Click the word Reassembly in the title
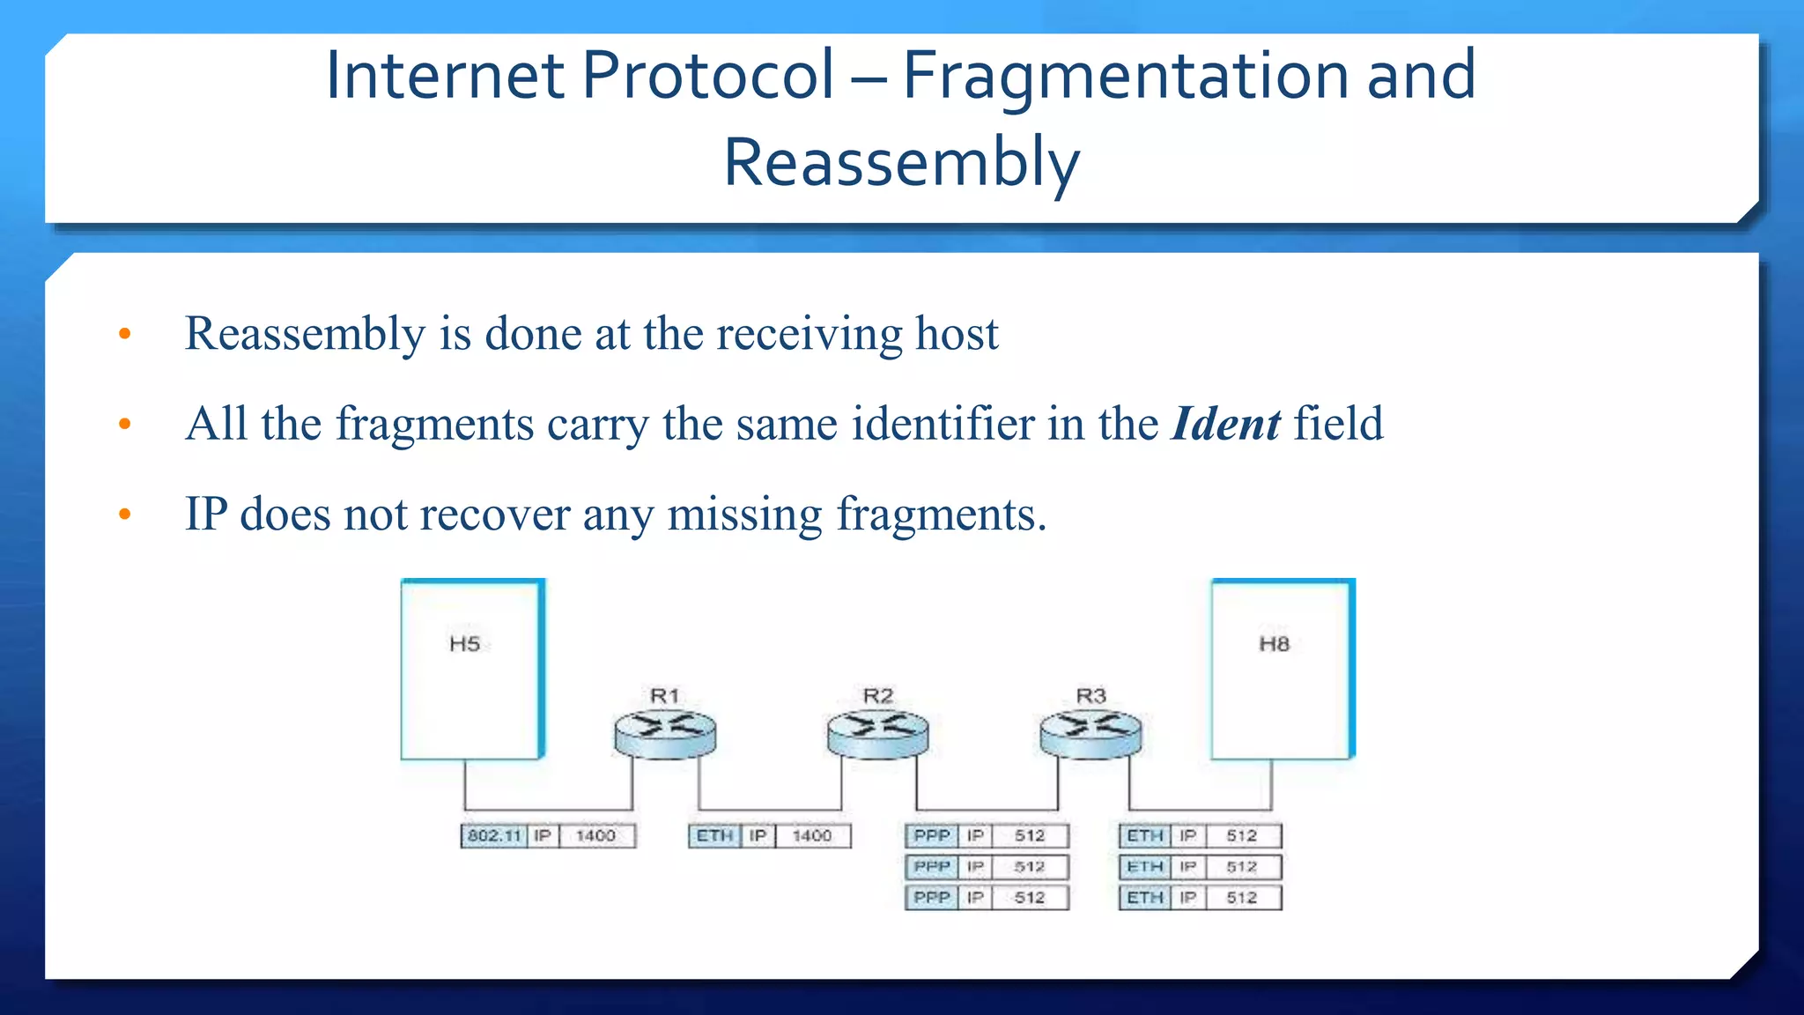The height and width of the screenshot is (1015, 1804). tap(901, 164)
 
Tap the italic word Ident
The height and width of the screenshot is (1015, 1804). tap(1225, 424)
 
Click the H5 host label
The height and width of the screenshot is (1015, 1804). tap(464, 644)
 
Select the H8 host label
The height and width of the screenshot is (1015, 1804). tap(1274, 644)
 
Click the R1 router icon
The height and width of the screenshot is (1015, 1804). tap(665, 733)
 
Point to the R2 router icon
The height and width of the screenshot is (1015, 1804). tap(878, 733)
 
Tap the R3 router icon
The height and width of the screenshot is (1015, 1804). tap(1091, 733)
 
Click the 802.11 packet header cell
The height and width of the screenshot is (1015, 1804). tap(494, 835)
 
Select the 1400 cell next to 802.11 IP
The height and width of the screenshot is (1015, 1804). tap(595, 835)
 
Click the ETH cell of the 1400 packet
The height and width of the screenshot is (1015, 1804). tap(714, 835)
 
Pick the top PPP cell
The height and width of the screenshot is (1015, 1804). tap(932, 835)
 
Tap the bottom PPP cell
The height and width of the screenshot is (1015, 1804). tap(932, 898)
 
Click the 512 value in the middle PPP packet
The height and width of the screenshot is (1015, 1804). tap(1029, 867)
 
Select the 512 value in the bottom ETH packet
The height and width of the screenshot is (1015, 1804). tap(1241, 898)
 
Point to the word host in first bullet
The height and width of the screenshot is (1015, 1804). tap(957, 334)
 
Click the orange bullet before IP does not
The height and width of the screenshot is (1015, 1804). tap(125, 514)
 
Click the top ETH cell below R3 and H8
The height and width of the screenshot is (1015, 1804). tap(1144, 835)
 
